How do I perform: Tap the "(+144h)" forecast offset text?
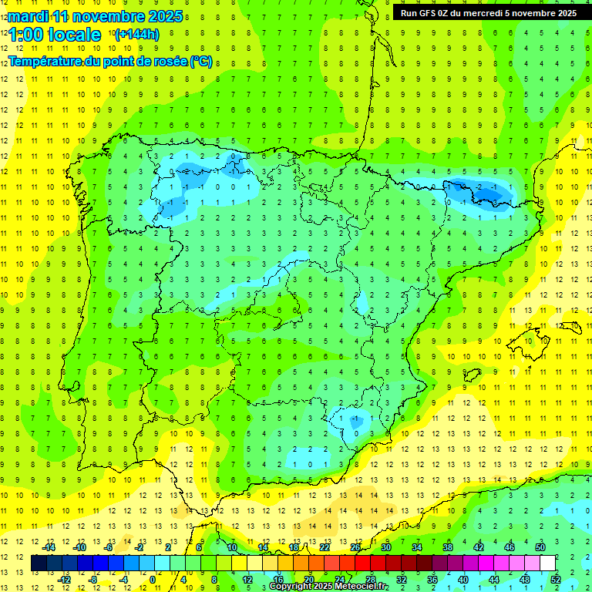tap(136, 34)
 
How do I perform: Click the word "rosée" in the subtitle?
tap(170, 62)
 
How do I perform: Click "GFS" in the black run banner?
tap(430, 13)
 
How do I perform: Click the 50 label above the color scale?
tap(540, 547)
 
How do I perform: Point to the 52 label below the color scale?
tap(555, 580)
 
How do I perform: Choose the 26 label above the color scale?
tap(355, 547)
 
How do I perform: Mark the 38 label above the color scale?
tap(447, 547)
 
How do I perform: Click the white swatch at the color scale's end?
tap(547, 563)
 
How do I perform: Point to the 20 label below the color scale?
tap(308, 580)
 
